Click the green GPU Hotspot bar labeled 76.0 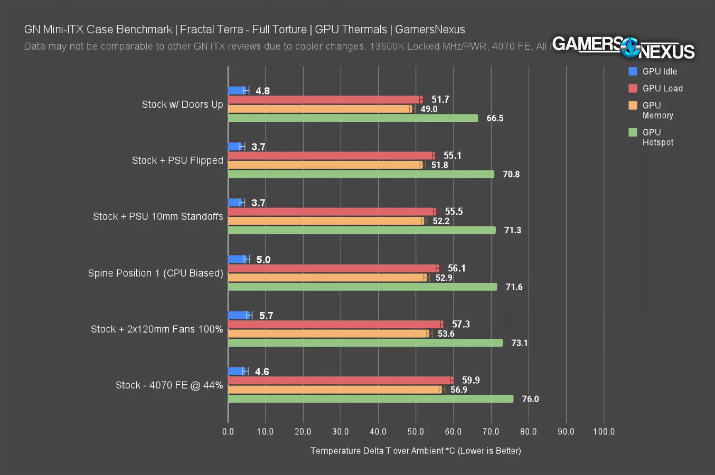point(370,399)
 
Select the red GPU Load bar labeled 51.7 point(325,100)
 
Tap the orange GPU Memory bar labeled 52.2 point(326,221)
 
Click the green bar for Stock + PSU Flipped point(361,174)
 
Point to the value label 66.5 point(495,118)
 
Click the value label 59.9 point(471,380)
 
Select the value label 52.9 point(444,278)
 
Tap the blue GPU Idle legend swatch point(633,71)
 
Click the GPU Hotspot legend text point(657,137)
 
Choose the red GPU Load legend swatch point(633,88)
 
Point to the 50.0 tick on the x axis point(416,431)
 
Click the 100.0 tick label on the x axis point(604,431)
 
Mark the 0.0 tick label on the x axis point(228,431)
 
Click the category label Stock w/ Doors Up point(182,104)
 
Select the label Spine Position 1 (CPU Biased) point(155,273)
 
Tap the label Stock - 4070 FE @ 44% point(169,385)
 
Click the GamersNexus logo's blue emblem point(629,48)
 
